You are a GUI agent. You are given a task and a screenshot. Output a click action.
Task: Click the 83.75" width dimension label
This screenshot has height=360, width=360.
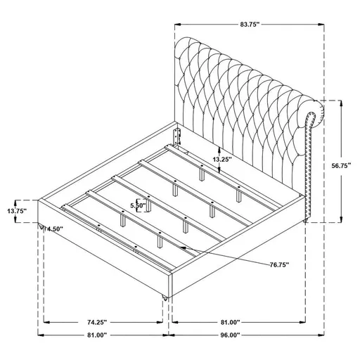(247, 24)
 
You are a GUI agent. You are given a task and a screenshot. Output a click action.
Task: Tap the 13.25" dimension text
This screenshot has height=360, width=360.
(220, 159)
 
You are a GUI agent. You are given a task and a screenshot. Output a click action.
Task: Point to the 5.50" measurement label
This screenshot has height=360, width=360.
(139, 205)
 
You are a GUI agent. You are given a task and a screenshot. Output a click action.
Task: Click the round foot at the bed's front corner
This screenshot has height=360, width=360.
(166, 297)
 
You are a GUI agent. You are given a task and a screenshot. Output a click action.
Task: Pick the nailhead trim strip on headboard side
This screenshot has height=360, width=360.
(307, 172)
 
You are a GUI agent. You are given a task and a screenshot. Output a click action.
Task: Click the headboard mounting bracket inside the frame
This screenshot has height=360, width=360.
(179, 137)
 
